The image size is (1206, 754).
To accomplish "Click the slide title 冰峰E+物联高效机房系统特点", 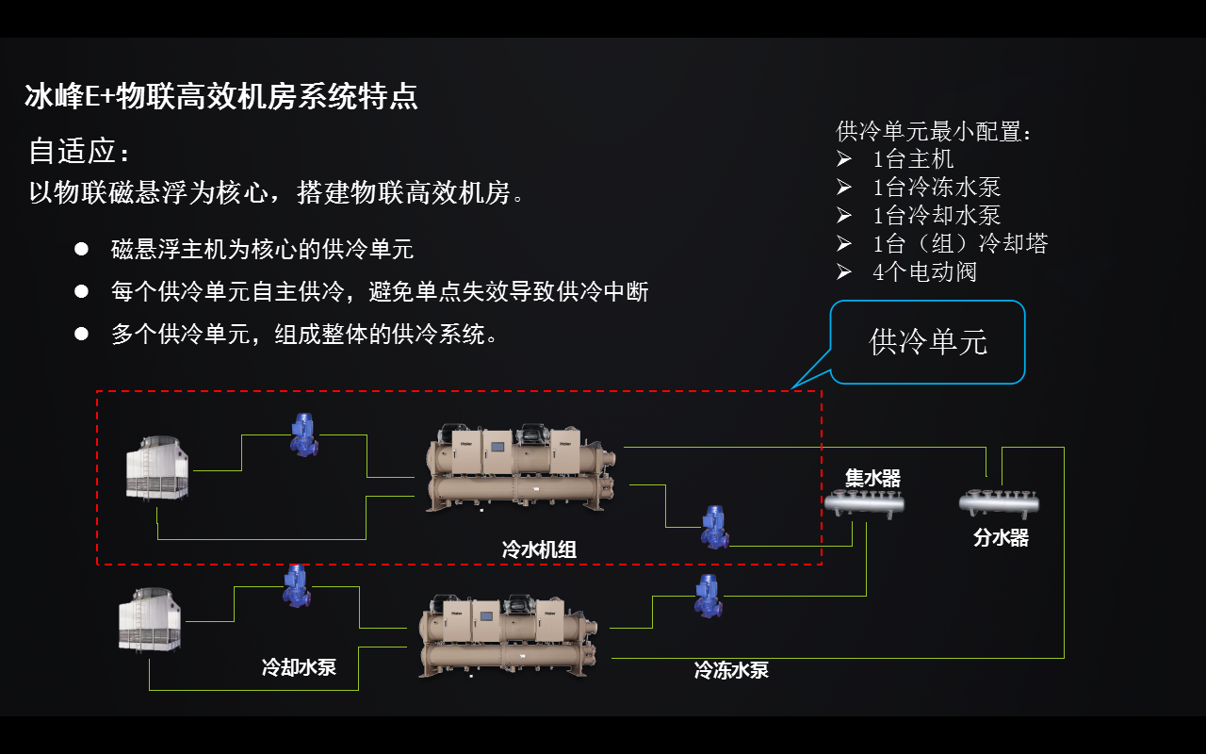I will click(221, 96).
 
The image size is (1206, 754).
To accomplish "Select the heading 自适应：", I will click(79, 151).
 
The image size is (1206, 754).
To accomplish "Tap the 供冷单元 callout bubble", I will click(928, 341).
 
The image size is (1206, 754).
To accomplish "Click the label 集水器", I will click(872, 479).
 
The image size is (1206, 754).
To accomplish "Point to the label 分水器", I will click(1001, 538).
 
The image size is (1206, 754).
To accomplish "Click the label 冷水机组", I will click(539, 549).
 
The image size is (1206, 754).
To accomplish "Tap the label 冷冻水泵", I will click(731, 670).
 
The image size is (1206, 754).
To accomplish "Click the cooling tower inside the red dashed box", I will click(157, 467).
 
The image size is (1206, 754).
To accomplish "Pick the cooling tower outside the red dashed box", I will click(150, 619).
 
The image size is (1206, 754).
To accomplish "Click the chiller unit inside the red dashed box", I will click(521, 467).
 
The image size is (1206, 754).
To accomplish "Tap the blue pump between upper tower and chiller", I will click(303, 434).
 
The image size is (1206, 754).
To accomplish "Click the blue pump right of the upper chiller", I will click(714, 527).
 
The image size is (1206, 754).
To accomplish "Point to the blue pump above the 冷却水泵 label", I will click(297, 586).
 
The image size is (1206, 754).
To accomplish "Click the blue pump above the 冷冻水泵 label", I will click(708, 597).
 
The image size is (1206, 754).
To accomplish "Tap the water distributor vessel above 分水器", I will click(999, 501).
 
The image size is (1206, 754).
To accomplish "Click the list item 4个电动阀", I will click(924, 272).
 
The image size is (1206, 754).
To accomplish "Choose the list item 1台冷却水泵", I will click(937, 216).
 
